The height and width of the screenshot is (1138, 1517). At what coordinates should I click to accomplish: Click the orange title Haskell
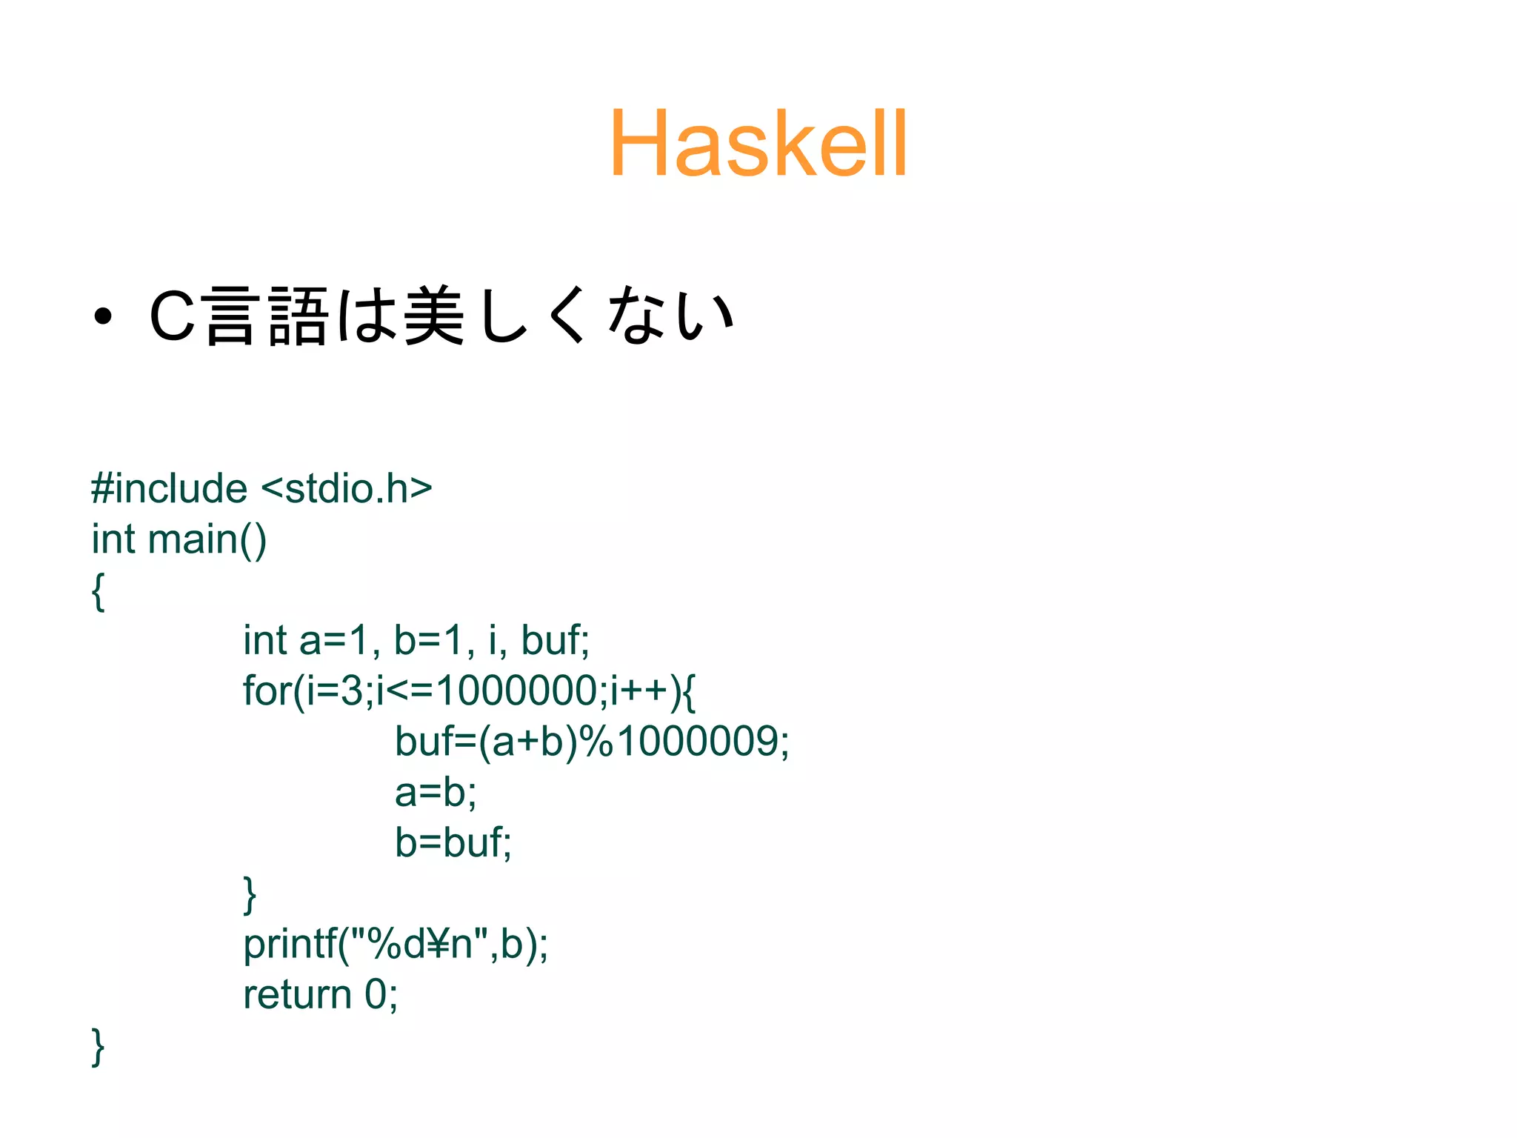(x=758, y=143)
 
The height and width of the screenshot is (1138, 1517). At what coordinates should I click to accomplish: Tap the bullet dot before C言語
(x=103, y=316)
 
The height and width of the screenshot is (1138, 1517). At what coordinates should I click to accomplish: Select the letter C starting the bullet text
(x=172, y=316)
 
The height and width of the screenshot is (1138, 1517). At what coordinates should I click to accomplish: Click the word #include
(x=169, y=489)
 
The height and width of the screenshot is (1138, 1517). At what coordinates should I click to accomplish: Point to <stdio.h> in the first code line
(x=347, y=489)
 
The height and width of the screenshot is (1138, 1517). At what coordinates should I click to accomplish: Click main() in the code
(x=207, y=539)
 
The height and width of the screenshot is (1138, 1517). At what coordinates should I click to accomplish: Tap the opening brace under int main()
(x=98, y=591)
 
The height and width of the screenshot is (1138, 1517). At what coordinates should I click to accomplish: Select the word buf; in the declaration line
(x=555, y=640)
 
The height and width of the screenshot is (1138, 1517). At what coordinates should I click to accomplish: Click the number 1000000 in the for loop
(x=516, y=691)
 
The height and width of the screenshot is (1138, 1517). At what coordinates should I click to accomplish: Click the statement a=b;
(x=436, y=792)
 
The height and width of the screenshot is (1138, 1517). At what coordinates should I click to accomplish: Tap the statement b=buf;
(x=453, y=842)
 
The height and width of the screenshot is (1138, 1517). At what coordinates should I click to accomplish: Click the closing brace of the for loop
(x=250, y=894)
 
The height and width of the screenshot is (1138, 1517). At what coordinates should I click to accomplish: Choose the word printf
(x=290, y=944)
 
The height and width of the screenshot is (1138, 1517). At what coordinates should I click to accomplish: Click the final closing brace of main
(x=98, y=1046)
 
